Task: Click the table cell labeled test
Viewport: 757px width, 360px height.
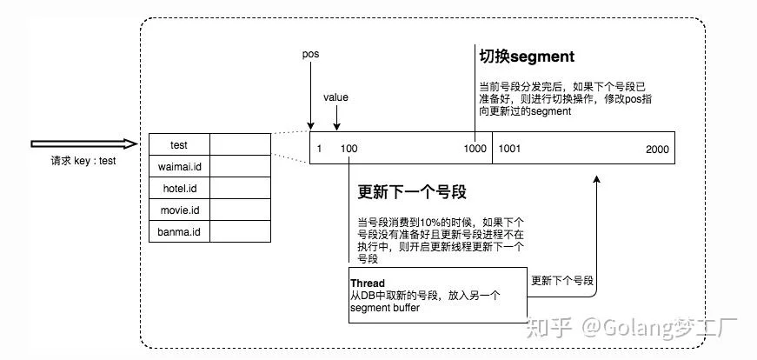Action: click(179, 144)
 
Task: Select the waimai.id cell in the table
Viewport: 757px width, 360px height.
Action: click(179, 166)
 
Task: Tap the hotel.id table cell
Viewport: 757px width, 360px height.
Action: click(179, 188)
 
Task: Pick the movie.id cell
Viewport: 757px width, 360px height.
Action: click(179, 210)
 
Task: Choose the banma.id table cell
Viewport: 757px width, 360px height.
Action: click(179, 231)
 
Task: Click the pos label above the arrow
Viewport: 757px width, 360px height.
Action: click(310, 54)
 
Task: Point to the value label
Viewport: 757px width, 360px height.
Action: click(335, 97)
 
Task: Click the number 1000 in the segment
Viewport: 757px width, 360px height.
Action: click(475, 149)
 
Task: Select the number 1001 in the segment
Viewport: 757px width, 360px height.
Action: click(509, 149)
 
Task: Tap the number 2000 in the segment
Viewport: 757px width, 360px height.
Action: click(658, 150)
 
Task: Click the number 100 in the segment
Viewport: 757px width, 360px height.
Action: click(349, 149)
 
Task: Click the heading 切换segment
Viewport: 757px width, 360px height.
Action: click(527, 57)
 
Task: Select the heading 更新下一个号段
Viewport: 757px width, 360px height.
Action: click(412, 192)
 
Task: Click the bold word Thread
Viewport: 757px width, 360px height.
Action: click(368, 283)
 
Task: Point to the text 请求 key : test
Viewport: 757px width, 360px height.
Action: click(83, 161)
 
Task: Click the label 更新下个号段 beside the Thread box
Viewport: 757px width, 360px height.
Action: click(562, 280)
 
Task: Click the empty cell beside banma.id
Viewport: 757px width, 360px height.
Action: click(241, 231)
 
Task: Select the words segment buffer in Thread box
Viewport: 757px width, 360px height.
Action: click(385, 307)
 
